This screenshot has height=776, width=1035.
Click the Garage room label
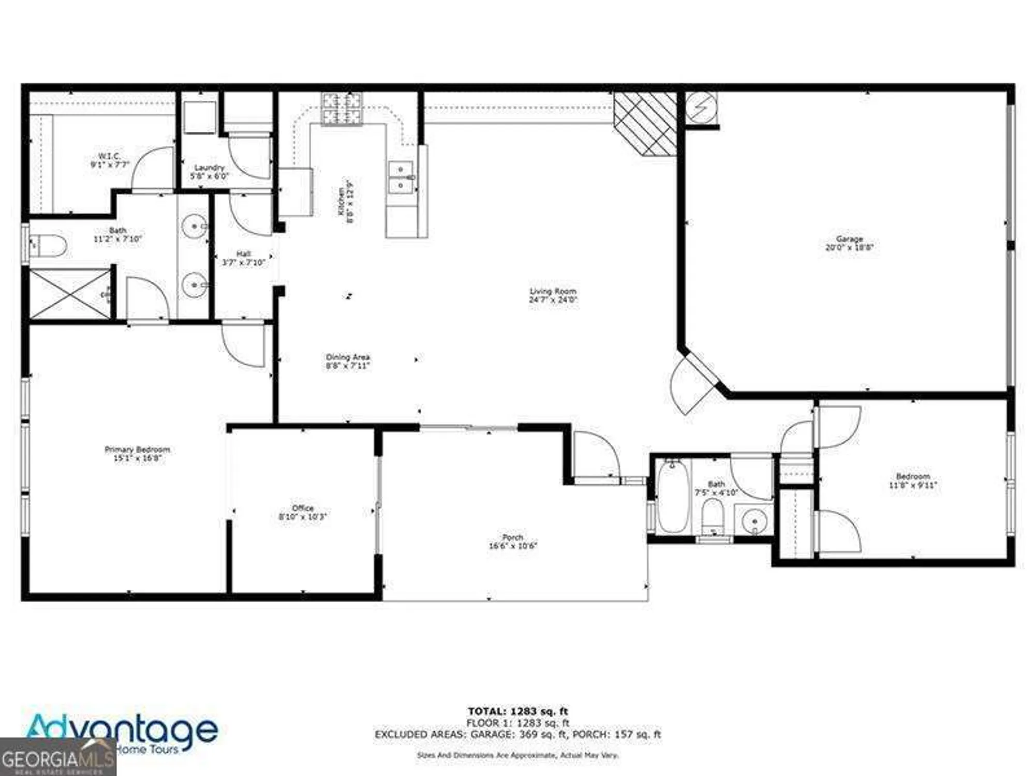pos(849,243)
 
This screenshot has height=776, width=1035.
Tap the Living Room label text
pos(553,295)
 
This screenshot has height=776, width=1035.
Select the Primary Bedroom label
pos(137,454)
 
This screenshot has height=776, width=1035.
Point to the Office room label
pos(303,512)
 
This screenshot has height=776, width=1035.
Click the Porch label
pos(513,541)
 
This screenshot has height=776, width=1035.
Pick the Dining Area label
pos(348,361)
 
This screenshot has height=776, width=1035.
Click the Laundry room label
pos(210,172)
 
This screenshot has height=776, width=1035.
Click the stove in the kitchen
pos(342,108)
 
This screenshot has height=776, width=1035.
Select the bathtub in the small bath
pos(673,497)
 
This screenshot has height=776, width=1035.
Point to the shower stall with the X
pos(70,293)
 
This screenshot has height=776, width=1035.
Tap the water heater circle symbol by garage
pos(701,108)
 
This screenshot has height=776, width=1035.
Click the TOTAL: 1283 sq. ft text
pos(517,711)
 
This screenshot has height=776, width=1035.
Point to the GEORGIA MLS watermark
pos(57,759)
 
